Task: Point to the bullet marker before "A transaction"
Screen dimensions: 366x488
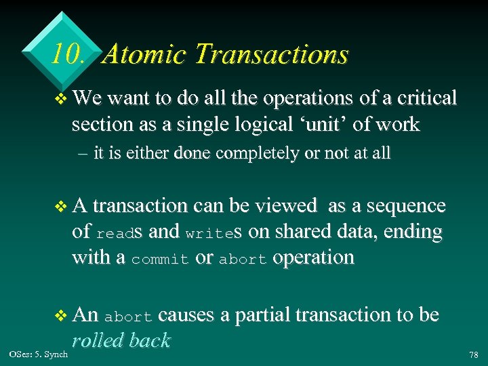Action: [61, 206]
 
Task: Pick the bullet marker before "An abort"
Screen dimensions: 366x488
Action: [61, 315]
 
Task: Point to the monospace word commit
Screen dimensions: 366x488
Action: [159, 260]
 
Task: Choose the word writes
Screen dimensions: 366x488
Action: [214, 232]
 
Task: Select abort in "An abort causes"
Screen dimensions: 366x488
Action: [131, 316]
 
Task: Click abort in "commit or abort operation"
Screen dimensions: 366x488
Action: [243, 260]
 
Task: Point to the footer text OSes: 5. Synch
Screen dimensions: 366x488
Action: [39, 354]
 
